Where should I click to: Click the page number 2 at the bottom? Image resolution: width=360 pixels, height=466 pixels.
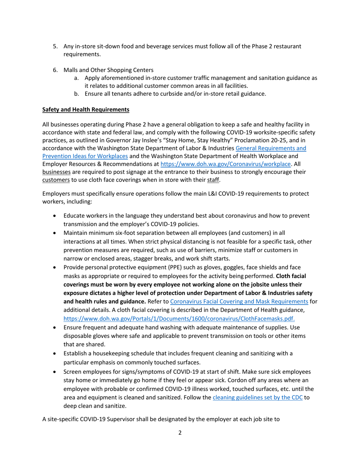coord(180,433)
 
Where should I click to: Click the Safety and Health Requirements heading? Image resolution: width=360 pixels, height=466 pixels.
coord(86,109)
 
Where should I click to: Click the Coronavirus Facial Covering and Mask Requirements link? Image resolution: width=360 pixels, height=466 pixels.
coord(239,302)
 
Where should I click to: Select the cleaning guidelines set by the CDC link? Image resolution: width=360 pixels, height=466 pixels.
coord(258,398)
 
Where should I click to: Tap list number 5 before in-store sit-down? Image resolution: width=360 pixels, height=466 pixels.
coord(55,46)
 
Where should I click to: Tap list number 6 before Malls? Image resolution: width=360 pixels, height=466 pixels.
coord(55,70)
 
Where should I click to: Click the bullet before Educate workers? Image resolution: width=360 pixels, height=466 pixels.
coord(55,216)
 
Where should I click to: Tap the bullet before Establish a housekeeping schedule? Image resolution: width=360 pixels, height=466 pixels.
coord(55,353)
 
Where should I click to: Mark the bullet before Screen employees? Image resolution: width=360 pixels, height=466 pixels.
coord(55,372)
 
